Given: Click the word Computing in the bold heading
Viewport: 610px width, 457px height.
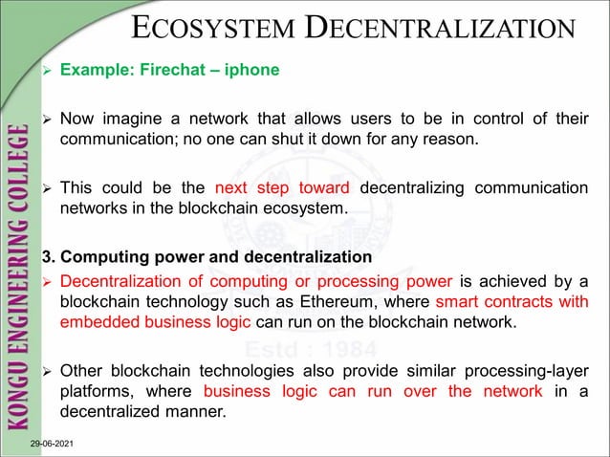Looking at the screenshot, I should (x=105, y=258).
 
